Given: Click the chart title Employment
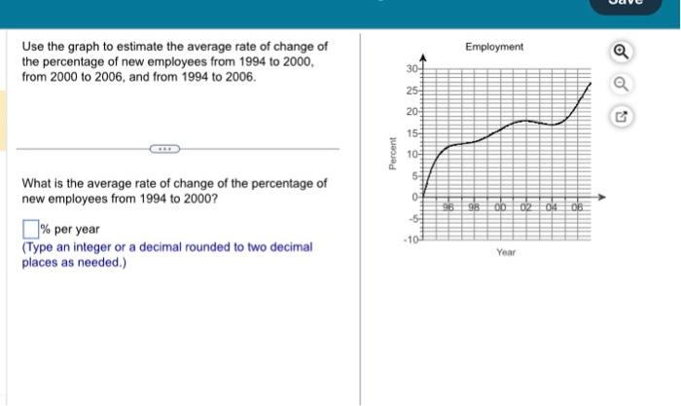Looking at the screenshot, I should click(494, 47).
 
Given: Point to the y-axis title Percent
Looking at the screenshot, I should click(392, 156).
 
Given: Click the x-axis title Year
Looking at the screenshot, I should click(505, 252).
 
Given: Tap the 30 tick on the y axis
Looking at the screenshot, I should click(412, 70).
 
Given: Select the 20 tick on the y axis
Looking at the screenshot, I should click(412, 113).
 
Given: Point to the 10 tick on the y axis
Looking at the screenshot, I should click(412, 155).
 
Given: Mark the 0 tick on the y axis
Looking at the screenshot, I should click(414, 198).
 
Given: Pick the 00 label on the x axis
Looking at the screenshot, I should click(501, 207).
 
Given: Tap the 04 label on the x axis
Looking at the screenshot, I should click(552, 207).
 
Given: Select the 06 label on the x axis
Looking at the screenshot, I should click(577, 207).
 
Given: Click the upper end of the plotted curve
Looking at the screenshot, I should click(590, 84).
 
